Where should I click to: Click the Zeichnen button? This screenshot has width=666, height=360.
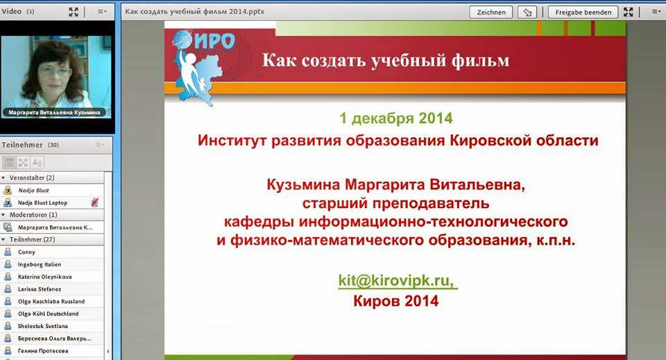click(x=491, y=12)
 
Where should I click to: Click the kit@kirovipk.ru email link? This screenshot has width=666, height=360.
click(x=398, y=281)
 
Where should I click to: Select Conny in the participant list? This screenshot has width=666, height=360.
click(x=26, y=252)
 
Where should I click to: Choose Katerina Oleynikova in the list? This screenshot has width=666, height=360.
click(x=44, y=277)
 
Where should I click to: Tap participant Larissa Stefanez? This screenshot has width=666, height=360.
click(x=40, y=289)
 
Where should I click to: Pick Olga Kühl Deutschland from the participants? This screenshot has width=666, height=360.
click(x=48, y=314)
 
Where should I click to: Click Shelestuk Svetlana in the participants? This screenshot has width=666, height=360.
click(x=42, y=326)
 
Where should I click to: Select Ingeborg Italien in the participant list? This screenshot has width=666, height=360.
click(x=40, y=264)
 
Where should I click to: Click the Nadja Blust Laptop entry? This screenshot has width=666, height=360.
click(x=42, y=203)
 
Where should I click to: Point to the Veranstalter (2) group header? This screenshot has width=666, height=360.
click(x=32, y=178)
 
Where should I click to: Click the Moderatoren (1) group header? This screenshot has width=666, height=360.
click(x=33, y=215)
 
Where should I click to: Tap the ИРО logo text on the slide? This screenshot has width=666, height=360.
click(x=215, y=41)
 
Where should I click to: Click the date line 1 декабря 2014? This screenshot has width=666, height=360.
click(x=396, y=119)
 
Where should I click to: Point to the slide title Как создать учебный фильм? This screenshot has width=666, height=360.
click(x=386, y=60)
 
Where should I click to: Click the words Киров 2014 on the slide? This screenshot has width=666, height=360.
click(x=396, y=301)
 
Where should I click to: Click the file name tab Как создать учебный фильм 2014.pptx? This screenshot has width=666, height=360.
click(x=194, y=12)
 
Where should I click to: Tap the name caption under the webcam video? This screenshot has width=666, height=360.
click(x=54, y=112)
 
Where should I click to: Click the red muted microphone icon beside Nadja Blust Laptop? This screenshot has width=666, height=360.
click(x=95, y=203)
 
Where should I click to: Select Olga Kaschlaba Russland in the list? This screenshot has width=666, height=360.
click(x=51, y=302)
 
